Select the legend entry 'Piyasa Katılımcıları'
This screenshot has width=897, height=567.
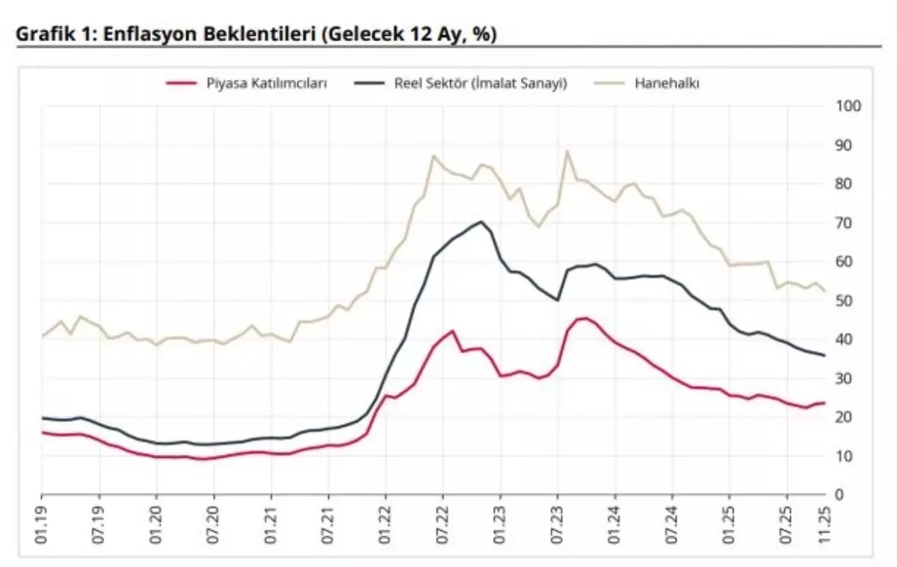click(267, 83)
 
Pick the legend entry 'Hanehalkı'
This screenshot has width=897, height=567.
click(667, 83)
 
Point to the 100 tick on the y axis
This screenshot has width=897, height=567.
click(850, 106)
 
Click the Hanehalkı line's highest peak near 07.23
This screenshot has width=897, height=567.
click(567, 152)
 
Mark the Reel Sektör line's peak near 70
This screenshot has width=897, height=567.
click(481, 221)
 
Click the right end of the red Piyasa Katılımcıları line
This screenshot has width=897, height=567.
click(824, 402)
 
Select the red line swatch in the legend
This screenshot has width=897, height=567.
click(182, 83)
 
